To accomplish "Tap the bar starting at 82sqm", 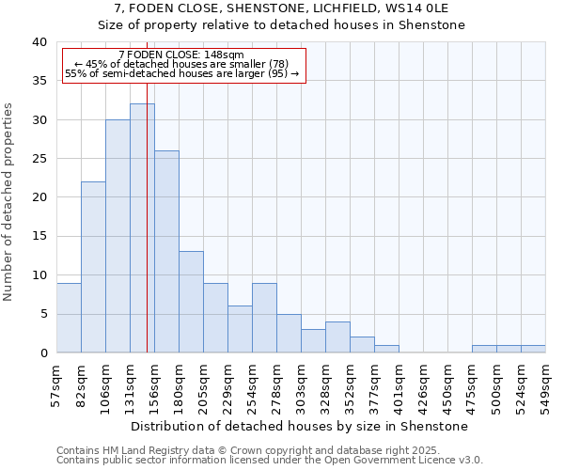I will pyautogui.click(x=93, y=267).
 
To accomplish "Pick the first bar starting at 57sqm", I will pyautogui.click(x=69, y=318).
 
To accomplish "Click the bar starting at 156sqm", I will pyautogui.click(x=166, y=252).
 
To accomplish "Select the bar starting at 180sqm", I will pyautogui.click(x=191, y=303).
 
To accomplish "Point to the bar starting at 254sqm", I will pyautogui.click(x=264, y=318).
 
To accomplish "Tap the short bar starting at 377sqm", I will pyautogui.click(x=386, y=349).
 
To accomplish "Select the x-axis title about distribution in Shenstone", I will pyautogui.click(x=299, y=426).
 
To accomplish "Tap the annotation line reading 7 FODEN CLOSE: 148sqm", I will pyautogui.click(x=182, y=55).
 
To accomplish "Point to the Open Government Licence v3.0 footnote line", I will pyautogui.click(x=270, y=460).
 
